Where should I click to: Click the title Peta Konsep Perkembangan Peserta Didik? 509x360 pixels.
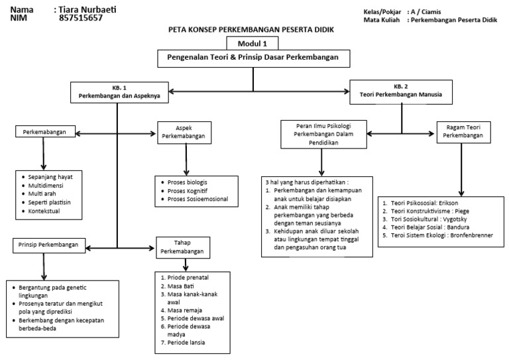pyautogui.click(x=254, y=30)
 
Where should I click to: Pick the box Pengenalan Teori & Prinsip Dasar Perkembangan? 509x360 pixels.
pyautogui.click(x=254, y=58)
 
